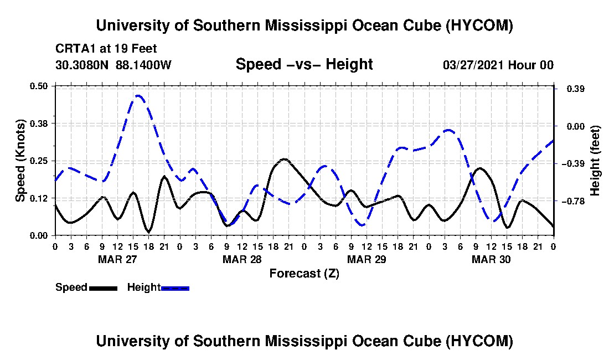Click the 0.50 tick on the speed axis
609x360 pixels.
[x=38, y=86]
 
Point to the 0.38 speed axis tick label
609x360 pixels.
[x=38, y=124]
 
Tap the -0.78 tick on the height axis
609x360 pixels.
[x=575, y=201]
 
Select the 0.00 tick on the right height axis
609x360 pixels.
[x=576, y=126]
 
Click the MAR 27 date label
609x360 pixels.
[x=117, y=259]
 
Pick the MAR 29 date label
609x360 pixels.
[x=367, y=259]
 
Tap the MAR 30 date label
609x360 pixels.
[x=491, y=259]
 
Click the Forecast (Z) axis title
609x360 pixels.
[x=304, y=274]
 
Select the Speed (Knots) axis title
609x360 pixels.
[x=20, y=161]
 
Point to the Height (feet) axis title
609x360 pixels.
[x=595, y=161]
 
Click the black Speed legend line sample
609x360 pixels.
[x=104, y=288]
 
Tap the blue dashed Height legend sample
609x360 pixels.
[x=175, y=288]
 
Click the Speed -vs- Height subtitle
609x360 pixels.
[x=304, y=64]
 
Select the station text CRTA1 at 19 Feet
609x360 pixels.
[x=106, y=49]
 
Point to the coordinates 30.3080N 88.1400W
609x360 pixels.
[x=113, y=64]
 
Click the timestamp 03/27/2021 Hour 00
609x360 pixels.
[x=498, y=64]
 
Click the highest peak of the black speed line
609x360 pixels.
[x=285, y=159]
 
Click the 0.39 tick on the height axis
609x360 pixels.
[x=576, y=89]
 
